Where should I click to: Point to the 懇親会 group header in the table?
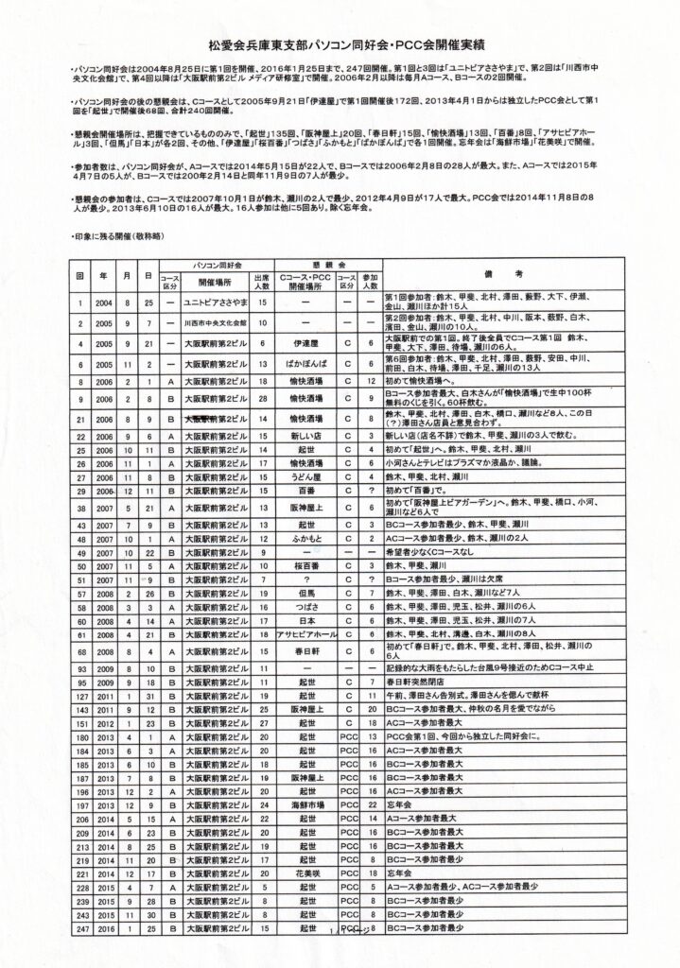pos(320,266)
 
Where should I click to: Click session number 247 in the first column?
pos(80,931)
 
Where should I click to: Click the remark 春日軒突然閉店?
pos(410,652)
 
